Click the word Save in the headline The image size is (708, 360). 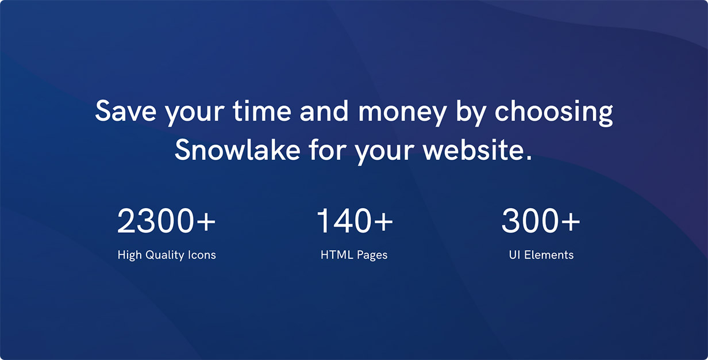[126, 110]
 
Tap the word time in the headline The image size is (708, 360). [262, 110]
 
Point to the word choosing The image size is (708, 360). [553, 113]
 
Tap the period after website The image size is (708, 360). [529, 157]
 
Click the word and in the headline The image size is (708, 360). [324, 110]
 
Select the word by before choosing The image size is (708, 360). [470, 113]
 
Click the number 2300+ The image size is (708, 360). [166, 221]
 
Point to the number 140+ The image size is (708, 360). [355, 221]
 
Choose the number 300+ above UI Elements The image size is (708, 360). [541, 221]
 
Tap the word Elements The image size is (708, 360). [549, 255]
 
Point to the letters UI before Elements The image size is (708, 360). [514, 255]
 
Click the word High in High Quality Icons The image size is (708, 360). [130, 255]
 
